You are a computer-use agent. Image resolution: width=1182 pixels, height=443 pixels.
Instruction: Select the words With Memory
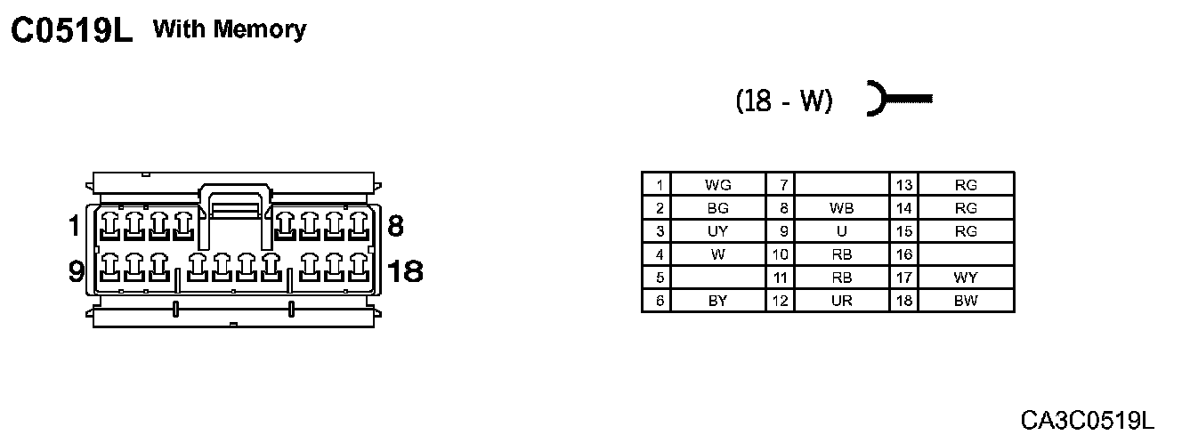click(x=230, y=29)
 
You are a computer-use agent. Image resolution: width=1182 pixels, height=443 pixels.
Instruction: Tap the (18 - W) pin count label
click(x=784, y=101)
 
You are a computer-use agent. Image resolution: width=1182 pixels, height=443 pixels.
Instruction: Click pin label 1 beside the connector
click(x=74, y=227)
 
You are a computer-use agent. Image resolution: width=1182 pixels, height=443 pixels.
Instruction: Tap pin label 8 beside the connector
click(x=396, y=226)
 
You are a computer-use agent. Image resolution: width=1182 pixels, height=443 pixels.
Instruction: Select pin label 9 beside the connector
click(x=76, y=270)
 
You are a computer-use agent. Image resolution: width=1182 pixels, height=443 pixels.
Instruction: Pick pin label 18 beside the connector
click(x=405, y=270)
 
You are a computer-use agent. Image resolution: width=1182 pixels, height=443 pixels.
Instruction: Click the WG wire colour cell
click(x=717, y=185)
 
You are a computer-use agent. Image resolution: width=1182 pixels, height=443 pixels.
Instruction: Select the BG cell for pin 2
click(x=717, y=208)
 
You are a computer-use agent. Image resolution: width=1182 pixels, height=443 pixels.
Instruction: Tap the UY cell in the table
click(x=717, y=231)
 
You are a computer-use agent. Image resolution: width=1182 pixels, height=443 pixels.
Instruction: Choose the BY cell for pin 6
click(x=717, y=301)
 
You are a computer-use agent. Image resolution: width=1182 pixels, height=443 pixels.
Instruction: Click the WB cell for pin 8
click(x=841, y=208)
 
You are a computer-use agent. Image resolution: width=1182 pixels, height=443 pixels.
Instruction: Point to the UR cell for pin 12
click(x=841, y=301)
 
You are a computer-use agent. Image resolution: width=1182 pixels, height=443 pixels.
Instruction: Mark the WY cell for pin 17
click(x=965, y=278)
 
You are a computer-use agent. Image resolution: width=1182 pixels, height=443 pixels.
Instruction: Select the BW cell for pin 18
click(x=965, y=301)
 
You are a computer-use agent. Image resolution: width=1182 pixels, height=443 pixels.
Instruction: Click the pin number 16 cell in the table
click(x=904, y=254)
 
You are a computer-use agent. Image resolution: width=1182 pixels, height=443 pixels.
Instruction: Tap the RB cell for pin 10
click(x=841, y=254)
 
